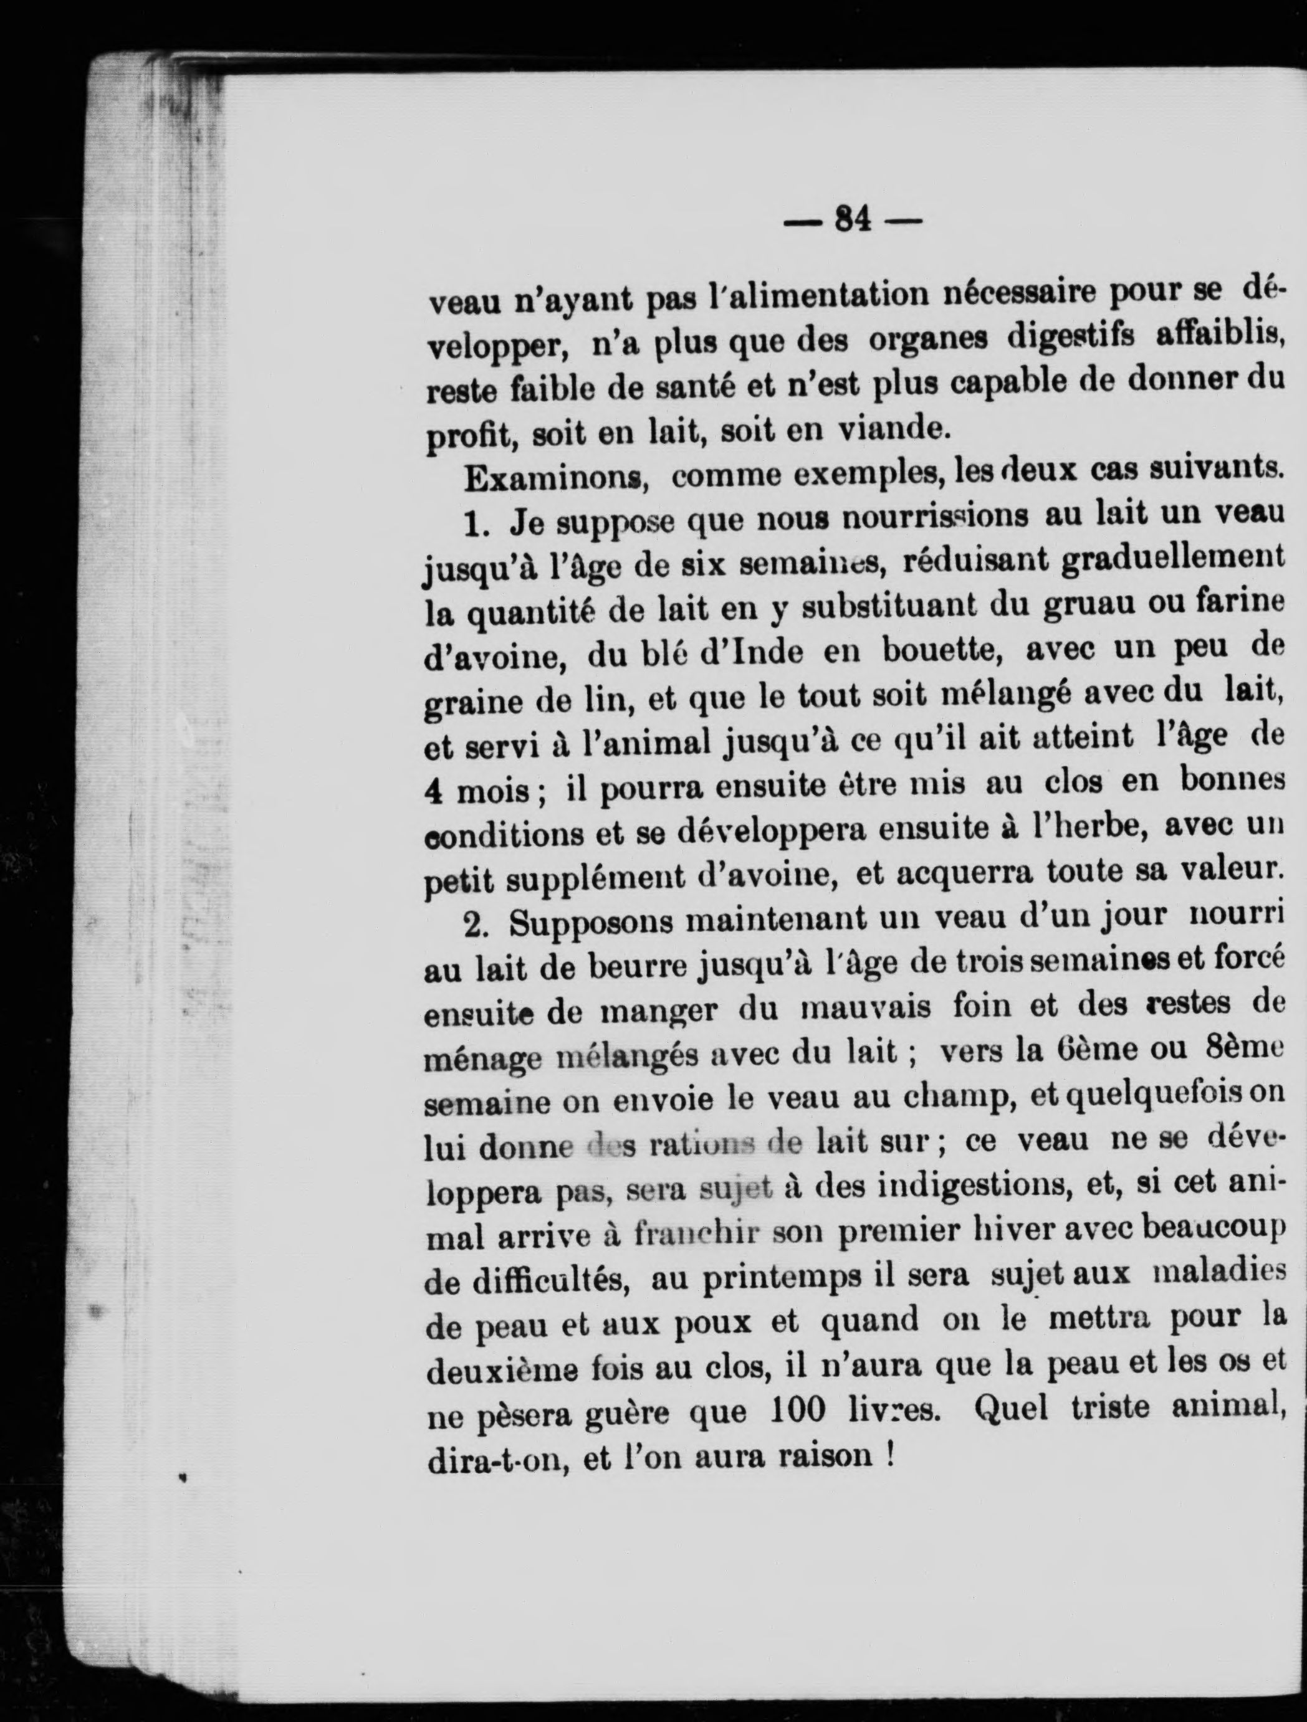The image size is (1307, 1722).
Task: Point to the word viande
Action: click(889, 429)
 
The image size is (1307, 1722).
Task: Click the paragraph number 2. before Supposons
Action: click(477, 926)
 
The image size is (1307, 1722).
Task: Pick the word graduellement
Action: click(1162, 561)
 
